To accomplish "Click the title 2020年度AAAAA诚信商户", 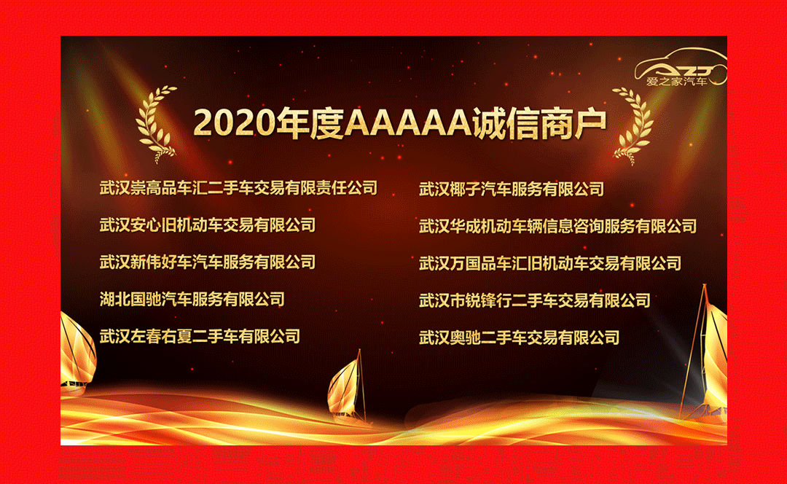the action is tap(399, 123).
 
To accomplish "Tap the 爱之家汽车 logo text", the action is tap(676, 82).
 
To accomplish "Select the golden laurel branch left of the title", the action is tap(156, 125).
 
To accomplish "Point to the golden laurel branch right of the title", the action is tap(633, 125).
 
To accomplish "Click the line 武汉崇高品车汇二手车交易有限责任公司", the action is tap(238, 188).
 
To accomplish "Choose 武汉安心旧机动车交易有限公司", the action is tap(207, 225).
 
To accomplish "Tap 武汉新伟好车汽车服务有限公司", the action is tap(207, 262).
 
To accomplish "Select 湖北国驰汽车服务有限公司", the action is tap(192, 300).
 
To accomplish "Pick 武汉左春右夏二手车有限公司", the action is tap(200, 336).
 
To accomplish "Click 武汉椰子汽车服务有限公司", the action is tap(512, 190).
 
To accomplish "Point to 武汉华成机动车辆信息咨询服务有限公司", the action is tap(557, 227).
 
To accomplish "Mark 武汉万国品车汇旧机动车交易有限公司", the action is tap(550, 264).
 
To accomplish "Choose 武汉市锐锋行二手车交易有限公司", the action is tap(535, 301).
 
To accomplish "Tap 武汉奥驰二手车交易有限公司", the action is tap(519, 338).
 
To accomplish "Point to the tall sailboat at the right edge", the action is tap(705, 356).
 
